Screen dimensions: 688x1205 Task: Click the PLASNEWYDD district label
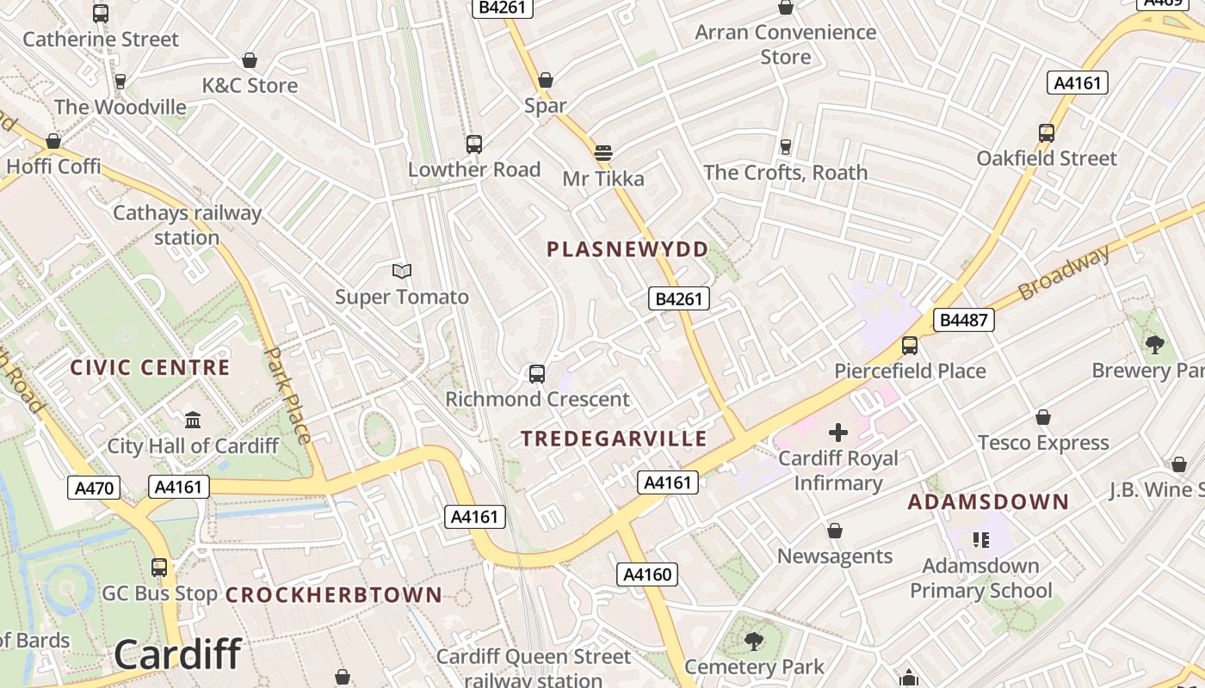(x=627, y=249)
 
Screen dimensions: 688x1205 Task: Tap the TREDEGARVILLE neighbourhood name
(x=614, y=439)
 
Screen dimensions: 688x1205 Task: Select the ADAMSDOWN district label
(x=988, y=501)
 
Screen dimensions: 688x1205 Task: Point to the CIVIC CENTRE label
(x=150, y=368)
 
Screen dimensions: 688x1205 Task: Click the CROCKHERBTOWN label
(x=334, y=594)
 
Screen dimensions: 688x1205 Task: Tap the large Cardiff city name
(x=177, y=654)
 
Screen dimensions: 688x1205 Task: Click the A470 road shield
(x=94, y=488)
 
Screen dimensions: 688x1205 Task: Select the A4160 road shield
(x=647, y=574)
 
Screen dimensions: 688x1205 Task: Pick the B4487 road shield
(x=964, y=321)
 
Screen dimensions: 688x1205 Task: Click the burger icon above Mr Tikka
(x=602, y=154)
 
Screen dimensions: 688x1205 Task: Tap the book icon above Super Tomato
(x=402, y=272)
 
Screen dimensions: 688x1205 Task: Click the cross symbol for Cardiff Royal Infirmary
(x=837, y=433)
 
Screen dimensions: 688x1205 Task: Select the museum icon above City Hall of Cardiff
(x=193, y=421)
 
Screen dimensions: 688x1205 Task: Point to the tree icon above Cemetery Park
(x=754, y=641)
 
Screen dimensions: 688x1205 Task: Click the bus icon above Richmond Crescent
(x=537, y=374)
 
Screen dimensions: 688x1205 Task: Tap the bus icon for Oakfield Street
(x=1047, y=133)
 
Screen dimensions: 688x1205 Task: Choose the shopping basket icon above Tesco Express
(x=1043, y=418)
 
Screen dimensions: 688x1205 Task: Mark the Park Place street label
(x=288, y=395)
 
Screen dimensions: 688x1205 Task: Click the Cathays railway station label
(x=187, y=225)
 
